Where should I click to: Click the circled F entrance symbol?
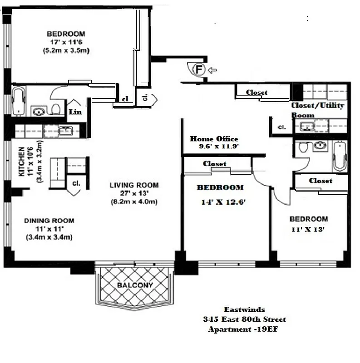[198, 70]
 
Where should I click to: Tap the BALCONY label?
[135, 285]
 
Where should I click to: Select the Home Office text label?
[214, 139]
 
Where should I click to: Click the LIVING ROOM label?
[134, 185]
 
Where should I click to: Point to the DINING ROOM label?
[49, 221]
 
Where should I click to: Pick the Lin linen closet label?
[75, 112]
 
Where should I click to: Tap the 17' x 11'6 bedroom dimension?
[66, 42]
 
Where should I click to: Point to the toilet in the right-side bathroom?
[304, 147]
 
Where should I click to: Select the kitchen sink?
[66, 131]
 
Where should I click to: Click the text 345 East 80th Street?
[245, 319]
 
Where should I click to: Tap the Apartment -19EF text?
[242, 329]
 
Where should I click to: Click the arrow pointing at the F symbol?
[213, 70]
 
